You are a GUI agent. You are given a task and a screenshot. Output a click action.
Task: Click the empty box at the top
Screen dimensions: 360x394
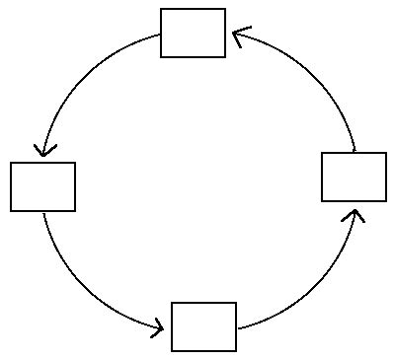click(x=193, y=33)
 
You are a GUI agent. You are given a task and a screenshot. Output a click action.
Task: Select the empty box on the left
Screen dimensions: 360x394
click(x=42, y=186)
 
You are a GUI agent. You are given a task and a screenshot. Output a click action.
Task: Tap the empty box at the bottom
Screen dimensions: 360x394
click(x=203, y=326)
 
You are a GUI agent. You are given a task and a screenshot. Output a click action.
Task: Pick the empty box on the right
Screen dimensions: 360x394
click(x=354, y=177)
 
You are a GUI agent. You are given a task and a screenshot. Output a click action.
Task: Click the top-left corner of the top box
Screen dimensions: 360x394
click(x=161, y=9)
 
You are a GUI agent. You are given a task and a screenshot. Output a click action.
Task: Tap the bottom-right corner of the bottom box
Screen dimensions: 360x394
click(x=236, y=350)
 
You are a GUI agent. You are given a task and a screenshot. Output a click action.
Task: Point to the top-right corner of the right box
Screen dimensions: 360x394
click(x=386, y=153)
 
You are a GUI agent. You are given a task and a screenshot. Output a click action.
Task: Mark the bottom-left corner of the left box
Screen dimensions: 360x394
click(x=11, y=211)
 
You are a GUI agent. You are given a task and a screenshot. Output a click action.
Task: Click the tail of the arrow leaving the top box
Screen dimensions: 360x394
click(x=160, y=36)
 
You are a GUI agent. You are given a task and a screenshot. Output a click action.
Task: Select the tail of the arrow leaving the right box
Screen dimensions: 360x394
click(x=355, y=152)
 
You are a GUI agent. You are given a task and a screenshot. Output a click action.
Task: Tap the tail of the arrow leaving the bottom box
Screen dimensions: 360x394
click(x=238, y=328)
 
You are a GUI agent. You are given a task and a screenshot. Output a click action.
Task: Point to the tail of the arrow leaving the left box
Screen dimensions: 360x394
click(x=43, y=213)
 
